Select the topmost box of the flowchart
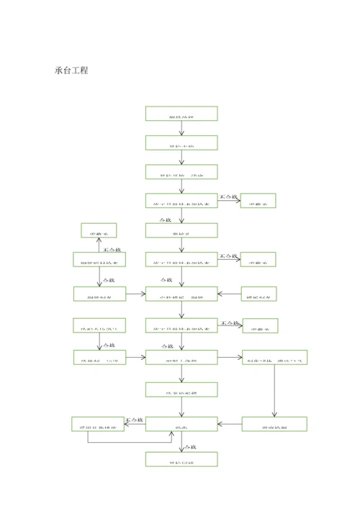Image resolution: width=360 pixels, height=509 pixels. point(181,114)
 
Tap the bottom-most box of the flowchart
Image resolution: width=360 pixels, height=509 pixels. point(181,459)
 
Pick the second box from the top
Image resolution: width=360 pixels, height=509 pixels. point(181,143)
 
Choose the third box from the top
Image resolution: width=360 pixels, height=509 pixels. point(181,172)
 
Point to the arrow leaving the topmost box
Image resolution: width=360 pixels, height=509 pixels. point(181,129)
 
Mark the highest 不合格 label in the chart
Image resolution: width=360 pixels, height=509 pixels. point(229,195)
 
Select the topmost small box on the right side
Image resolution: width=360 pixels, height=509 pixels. point(258,201)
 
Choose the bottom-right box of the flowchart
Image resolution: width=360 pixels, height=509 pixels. point(274,424)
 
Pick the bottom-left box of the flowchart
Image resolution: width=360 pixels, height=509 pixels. point(97,424)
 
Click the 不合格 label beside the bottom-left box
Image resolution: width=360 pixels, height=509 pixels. point(134,419)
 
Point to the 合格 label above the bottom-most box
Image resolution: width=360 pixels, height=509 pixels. point(166,446)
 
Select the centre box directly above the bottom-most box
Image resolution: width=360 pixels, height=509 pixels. point(181,424)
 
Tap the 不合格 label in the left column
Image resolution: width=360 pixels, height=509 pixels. point(114,249)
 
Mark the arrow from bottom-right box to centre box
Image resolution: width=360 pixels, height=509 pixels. point(230,425)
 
